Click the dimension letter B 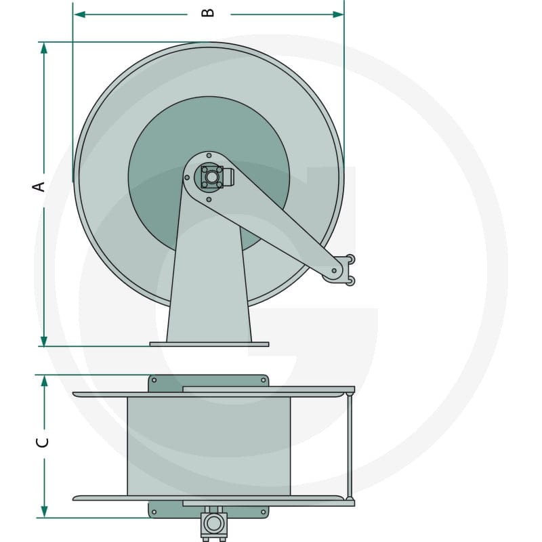pos(208,13)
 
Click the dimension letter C pos(42,442)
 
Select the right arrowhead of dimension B pos(338,14)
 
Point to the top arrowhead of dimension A pos(44,48)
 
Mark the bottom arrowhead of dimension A pos(44,340)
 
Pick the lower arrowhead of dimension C pos(44,512)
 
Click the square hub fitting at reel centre pos(212,177)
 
